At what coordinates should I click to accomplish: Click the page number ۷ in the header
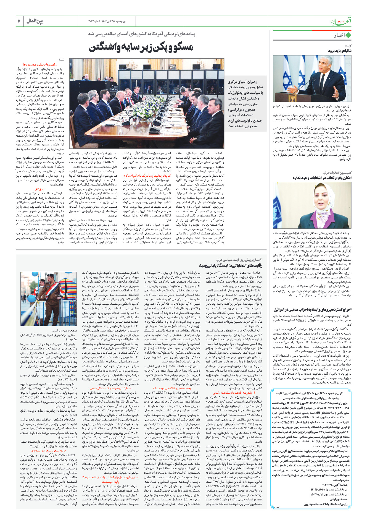tap(19, 21)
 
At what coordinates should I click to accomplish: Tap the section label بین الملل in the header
tap(35, 21)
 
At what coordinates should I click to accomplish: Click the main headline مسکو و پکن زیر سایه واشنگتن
tap(141, 48)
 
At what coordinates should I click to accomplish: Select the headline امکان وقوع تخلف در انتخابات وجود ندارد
tap(322, 178)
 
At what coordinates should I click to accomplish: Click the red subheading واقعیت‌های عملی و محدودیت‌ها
tap(44, 64)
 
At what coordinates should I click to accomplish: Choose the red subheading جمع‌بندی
tap(40, 189)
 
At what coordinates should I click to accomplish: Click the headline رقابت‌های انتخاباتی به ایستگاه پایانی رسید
tap(231, 266)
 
